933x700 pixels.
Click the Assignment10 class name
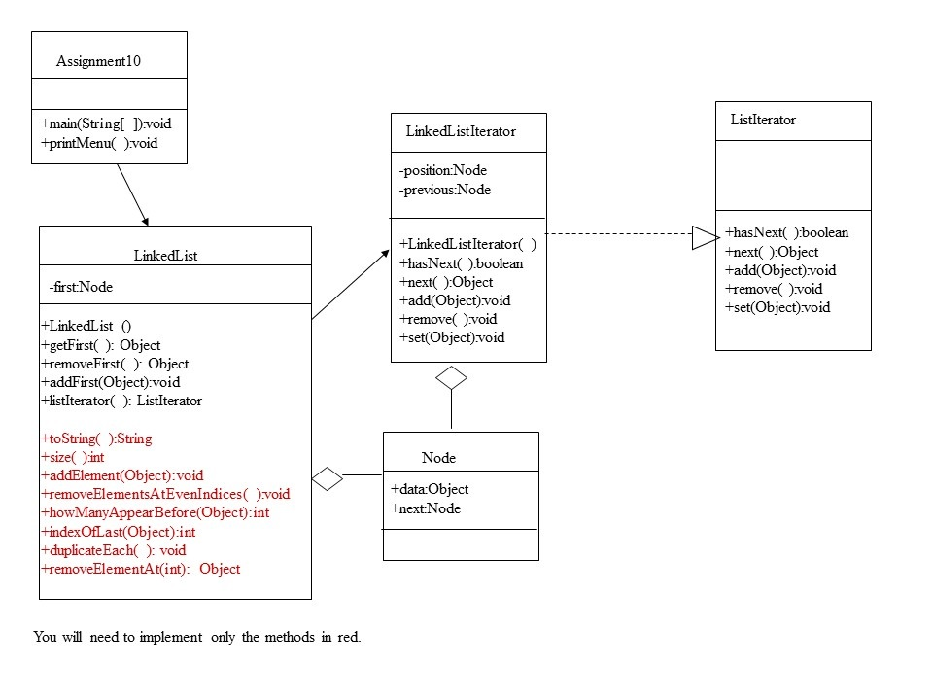pyautogui.click(x=98, y=61)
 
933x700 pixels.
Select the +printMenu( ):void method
pyautogui.click(x=99, y=143)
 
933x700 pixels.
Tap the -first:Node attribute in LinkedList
pyautogui.click(x=81, y=287)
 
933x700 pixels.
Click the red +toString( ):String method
pyautogui.click(x=96, y=438)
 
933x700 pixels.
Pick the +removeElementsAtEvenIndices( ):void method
pyautogui.click(x=165, y=494)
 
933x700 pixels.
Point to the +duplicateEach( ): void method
pyautogui.click(x=113, y=550)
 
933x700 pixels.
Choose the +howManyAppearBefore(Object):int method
pyautogui.click(x=155, y=512)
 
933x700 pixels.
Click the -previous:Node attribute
pyautogui.click(x=445, y=190)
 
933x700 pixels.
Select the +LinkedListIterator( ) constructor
pyautogui.click(x=467, y=244)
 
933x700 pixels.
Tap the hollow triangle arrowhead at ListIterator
pyautogui.click(x=706, y=237)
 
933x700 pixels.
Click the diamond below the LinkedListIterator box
pyautogui.click(x=451, y=378)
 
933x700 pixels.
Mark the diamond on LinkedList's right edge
pyautogui.click(x=328, y=478)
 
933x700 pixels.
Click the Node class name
pyautogui.click(x=438, y=458)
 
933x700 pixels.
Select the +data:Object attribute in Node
pyautogui.click(x=430, y=489)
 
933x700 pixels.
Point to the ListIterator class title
pyautogui.click(x=763, y=120)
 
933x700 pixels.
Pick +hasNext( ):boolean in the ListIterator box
pyautogui.click(x=786, y=232)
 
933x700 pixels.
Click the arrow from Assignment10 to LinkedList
pyautogui.click(x=133, y=194)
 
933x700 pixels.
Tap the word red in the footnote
pyautogui.click(x=349, y=637)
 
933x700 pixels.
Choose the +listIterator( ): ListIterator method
pyautogui.click(x=121, y=401)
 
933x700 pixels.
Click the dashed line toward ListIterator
pyautogui.click(x=619, y=234)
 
